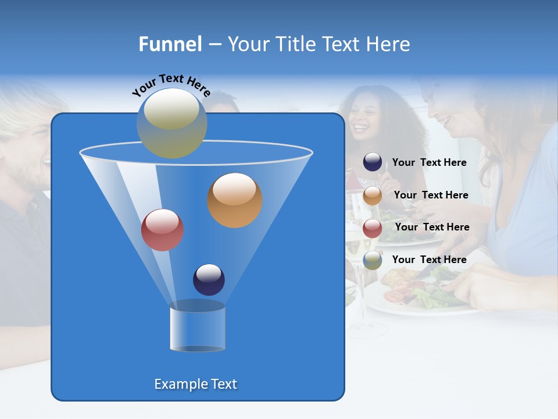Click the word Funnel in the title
pos(170,44)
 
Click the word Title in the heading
pos(295,44)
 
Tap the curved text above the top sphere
pos(171,85)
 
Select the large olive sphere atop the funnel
pos(171,123)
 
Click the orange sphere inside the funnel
pos(235,200)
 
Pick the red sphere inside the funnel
pos(162,230)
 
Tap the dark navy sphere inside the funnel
pos(209,279)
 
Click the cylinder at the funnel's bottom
pos(197,326)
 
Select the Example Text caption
pos(195,384)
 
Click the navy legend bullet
pos(373,162)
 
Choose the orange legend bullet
pos(373,196)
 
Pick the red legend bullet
pos(373,228)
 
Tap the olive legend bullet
pos(373,260)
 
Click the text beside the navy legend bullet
pos(429,162)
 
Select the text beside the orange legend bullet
pos(431,195)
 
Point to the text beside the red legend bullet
pos(432,227)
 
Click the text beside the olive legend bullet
pos(429,260)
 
